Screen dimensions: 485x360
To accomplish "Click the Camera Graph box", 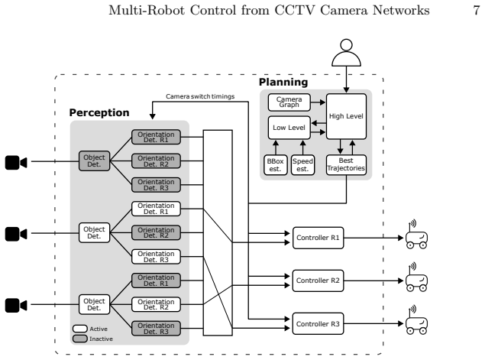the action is click(289, 102).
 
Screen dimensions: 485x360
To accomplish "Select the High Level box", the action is click(346, 116).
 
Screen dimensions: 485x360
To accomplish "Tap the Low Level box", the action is click(289, 128).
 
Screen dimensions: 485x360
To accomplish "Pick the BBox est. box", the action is click(275, 165).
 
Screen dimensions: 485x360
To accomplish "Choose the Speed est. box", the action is click(302, 165).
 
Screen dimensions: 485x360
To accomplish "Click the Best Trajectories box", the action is click(346, 165).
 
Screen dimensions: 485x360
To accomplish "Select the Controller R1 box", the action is click(318, 238).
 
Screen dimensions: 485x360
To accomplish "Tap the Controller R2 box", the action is click(318, 281).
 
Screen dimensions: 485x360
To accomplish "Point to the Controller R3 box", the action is click(318, 323).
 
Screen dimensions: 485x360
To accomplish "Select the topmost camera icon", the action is click(16, 163).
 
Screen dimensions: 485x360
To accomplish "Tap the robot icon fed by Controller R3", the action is click(417, 320).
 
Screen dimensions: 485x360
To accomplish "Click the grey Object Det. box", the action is click(95, 161).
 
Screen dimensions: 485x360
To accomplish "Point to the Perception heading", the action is click(99, 112).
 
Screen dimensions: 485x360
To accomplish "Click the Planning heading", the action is click(283, 82).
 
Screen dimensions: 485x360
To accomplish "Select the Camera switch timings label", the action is click(200, 96).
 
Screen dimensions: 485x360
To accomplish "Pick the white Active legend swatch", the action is click(79, 329).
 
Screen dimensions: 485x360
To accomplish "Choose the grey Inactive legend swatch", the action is click(79, 339).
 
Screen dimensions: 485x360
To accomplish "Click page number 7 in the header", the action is click(477, 11).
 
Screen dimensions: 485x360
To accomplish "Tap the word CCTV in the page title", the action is click(295, 10).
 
